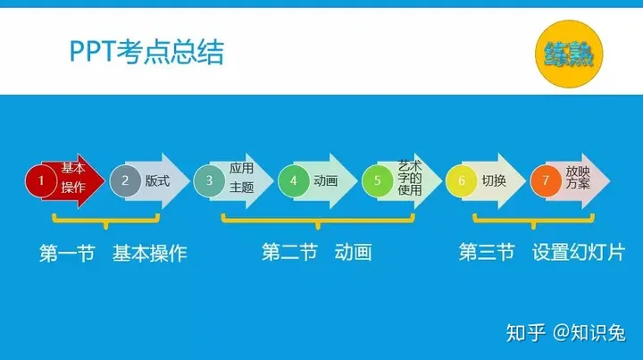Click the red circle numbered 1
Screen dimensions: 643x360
pos(41,180)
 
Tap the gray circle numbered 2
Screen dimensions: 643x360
pos(126,180)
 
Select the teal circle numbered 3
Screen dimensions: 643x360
pos(209,180)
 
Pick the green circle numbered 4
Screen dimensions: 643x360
pos(294,180)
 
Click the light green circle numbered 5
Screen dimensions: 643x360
pos(377,180)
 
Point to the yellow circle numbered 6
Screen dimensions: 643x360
pos(462,180)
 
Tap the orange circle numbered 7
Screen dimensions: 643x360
pos(546,180)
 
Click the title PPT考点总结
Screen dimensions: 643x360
pos(146,52)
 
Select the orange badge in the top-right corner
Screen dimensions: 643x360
pos(569,54)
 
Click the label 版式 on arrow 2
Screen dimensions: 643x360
pos(157,180)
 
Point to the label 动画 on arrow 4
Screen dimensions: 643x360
pos(326,180)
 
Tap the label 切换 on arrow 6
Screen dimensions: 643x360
pos(494,180)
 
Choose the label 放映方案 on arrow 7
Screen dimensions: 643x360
pos(578,177)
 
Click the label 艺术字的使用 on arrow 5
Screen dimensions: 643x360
pos(410,178)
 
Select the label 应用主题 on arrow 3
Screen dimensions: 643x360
pos(241,178)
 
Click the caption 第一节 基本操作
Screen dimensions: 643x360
pos(113,253)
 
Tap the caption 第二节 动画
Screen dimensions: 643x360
pos(317,252)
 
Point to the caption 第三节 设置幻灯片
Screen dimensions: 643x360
pos(542,252)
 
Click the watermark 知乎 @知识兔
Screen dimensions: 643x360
pos(566,332)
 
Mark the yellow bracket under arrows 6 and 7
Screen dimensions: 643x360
pos(533,222)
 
